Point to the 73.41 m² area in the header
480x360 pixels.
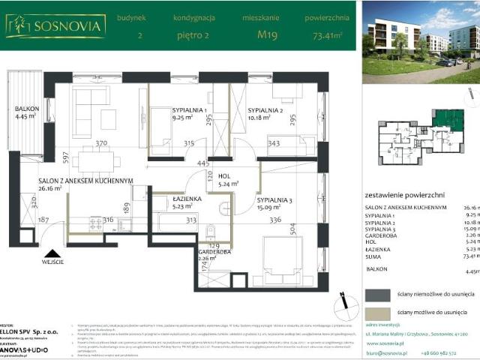[x=327, y=34]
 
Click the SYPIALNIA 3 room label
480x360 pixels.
[x=274, y=200]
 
